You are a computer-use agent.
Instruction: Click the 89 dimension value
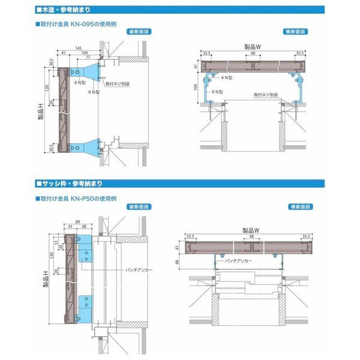79,221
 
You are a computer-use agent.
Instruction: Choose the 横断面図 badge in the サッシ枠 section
296,206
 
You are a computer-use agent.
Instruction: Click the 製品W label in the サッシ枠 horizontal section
250,230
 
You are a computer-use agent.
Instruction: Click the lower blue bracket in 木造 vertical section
87,146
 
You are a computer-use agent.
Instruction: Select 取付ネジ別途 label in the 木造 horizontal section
265,94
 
